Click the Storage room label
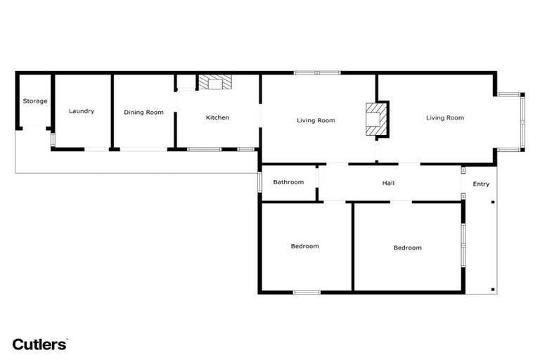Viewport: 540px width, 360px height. point(35,101)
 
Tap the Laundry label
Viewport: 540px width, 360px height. point(82,111)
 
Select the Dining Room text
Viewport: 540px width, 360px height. point(143,112)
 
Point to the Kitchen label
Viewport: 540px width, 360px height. point(217,117)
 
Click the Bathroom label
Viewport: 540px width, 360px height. point(288,182)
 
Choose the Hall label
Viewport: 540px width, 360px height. point(388,184)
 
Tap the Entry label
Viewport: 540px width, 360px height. point(481,184)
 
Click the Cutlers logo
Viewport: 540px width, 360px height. point(40,345)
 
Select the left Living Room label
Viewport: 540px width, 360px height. point(316,120)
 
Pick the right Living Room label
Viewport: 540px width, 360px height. point(445,117)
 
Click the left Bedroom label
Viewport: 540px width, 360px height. point(304,246)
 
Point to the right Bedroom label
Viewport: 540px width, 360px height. point(407,247)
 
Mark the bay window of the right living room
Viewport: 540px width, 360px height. point(521,121)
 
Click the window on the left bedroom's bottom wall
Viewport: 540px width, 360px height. point(307,292)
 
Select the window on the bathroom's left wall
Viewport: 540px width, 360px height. point(259,181)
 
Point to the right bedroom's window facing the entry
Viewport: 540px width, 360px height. point(463,245)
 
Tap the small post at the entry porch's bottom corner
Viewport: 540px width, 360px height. point(494,289)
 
